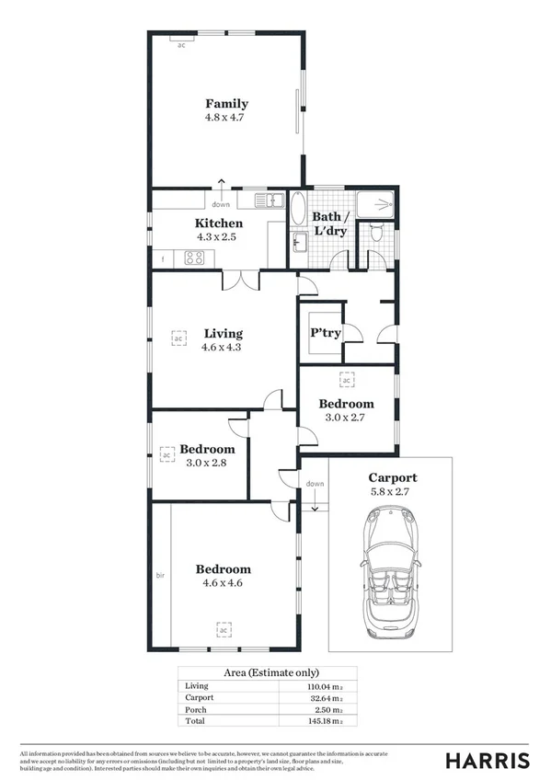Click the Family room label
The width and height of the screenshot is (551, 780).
226,104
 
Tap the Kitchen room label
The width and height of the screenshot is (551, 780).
219,224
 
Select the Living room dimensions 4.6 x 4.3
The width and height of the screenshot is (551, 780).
224,347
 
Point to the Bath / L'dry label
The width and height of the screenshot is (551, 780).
330,224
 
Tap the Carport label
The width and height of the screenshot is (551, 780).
392,477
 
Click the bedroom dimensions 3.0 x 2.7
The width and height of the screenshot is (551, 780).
346,417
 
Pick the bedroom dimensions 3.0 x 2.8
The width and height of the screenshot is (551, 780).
207,463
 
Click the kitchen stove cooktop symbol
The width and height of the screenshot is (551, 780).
194,258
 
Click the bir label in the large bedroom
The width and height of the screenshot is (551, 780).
159,576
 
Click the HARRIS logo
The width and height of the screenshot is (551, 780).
487,760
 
